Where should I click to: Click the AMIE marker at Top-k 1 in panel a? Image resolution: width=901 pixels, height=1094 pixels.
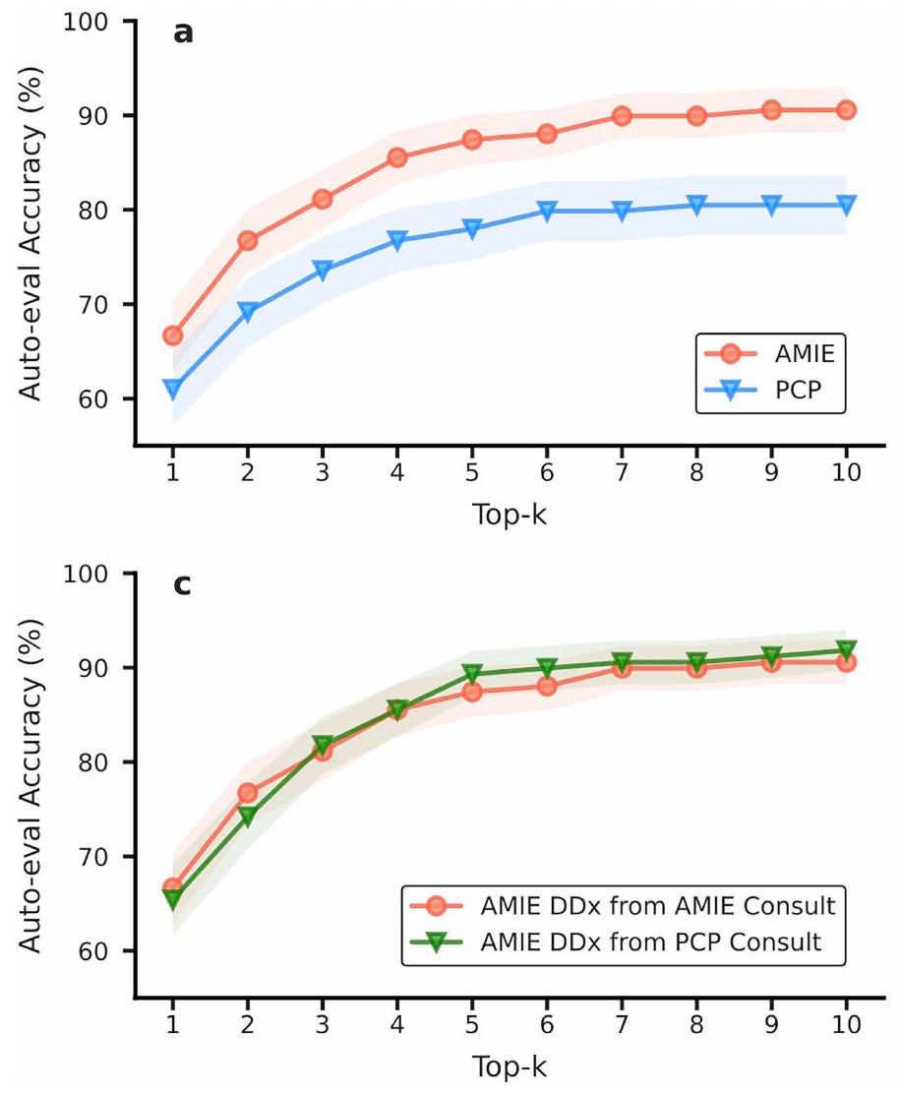[x=173, y=335]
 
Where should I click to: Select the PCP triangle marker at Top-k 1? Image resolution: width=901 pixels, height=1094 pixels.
[x=173, y=390]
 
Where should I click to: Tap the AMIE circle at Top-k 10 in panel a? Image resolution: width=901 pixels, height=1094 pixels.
[x=846, y=110]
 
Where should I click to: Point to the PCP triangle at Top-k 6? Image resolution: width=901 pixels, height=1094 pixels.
[x=547, y=211]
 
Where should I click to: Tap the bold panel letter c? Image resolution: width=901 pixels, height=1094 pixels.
[x=182, y=586]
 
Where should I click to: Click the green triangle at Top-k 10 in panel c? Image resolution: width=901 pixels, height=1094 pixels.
[x=846, y=650]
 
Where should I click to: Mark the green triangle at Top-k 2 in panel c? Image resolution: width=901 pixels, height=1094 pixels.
[x=248, y=817]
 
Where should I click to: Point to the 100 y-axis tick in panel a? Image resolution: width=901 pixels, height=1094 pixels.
[x=109, y=22]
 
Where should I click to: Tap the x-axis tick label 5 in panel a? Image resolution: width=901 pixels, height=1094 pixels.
[x=472, y=471]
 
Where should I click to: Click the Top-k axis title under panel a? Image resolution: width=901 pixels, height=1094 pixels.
[x=509, y=511]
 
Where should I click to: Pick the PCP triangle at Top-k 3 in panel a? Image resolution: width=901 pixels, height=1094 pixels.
[x=323, y=272]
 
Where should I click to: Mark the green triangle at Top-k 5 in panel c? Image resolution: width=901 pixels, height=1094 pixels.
[x=472, y=674]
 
